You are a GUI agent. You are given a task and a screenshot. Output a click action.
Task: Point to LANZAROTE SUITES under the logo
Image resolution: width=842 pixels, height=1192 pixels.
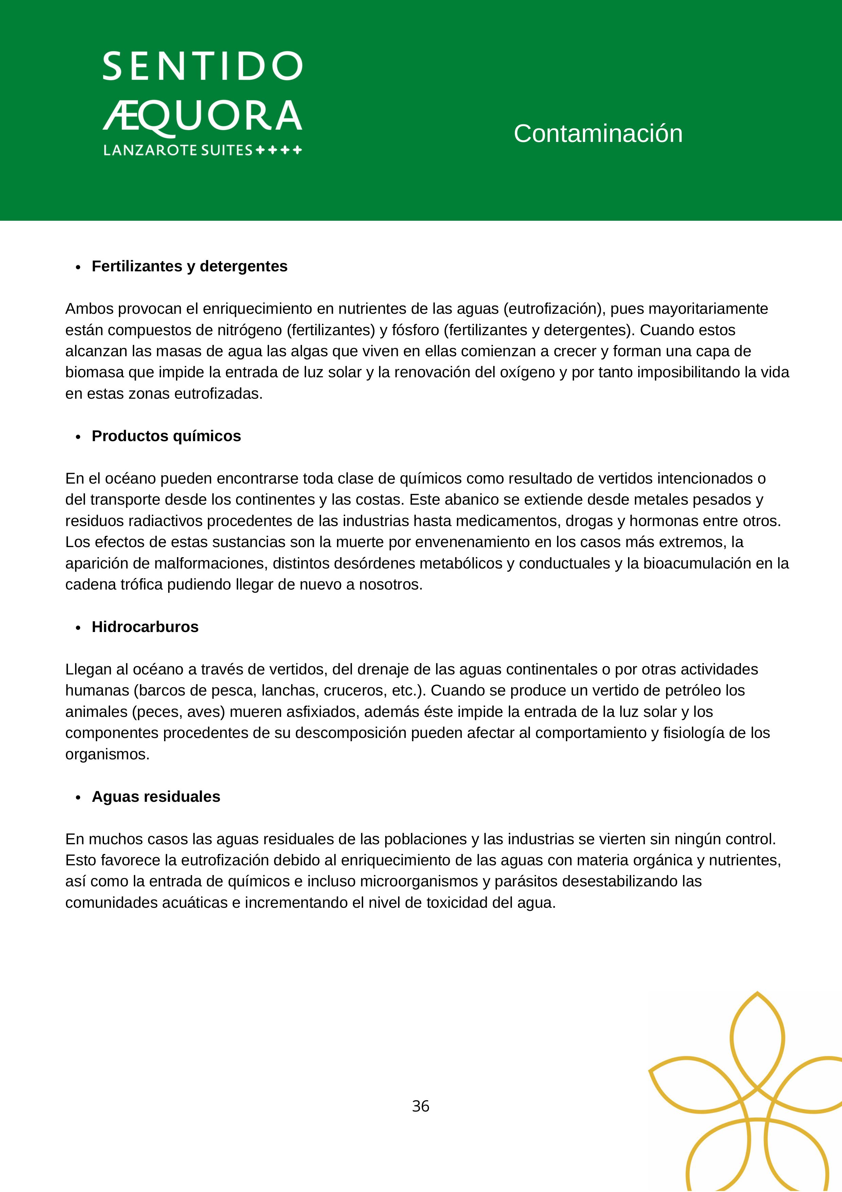(x=178, y=150)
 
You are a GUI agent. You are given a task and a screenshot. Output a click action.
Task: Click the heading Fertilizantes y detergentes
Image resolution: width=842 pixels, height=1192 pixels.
(x=190, y=266)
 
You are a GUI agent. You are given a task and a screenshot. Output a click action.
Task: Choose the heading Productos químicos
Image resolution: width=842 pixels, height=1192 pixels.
(x=166, y=436)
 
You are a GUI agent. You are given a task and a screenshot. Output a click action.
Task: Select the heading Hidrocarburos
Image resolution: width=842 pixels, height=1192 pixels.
(x=145, y=627)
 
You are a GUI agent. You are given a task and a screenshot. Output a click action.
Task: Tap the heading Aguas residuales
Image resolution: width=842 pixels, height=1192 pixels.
(x=156, y=797)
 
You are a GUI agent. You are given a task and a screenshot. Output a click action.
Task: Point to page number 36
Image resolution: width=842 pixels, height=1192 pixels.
(x=420, y=1106)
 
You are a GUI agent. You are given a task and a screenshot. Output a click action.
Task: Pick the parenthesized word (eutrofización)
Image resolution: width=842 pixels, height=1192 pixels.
(x=553, y=309)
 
